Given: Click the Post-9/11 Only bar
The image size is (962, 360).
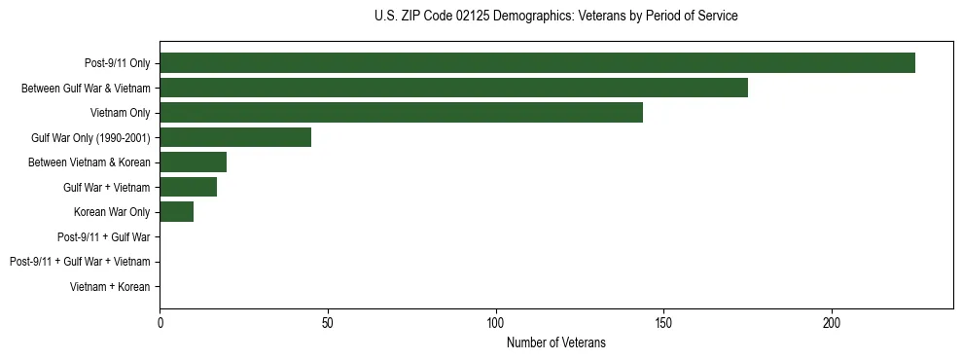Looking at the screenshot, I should click(537, 63).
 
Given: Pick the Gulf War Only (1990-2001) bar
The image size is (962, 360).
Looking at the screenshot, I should click(235, 137).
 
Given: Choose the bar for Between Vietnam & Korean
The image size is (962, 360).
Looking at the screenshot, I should click(193, 162).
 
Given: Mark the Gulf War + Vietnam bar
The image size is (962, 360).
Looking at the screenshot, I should click(188, 187).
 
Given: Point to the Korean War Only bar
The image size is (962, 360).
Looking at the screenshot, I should click(176, 212).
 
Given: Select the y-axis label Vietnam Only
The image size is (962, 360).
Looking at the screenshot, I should click(120, 113).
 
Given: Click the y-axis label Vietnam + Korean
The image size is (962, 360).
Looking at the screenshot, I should click(110, 287).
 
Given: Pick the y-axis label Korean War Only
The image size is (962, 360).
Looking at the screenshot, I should click(112, 212).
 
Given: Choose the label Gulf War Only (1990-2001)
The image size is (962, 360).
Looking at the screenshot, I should click(90, 137).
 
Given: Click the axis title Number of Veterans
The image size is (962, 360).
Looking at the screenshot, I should click(555, 342).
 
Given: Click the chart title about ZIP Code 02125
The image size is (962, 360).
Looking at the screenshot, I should click(555, 17).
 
